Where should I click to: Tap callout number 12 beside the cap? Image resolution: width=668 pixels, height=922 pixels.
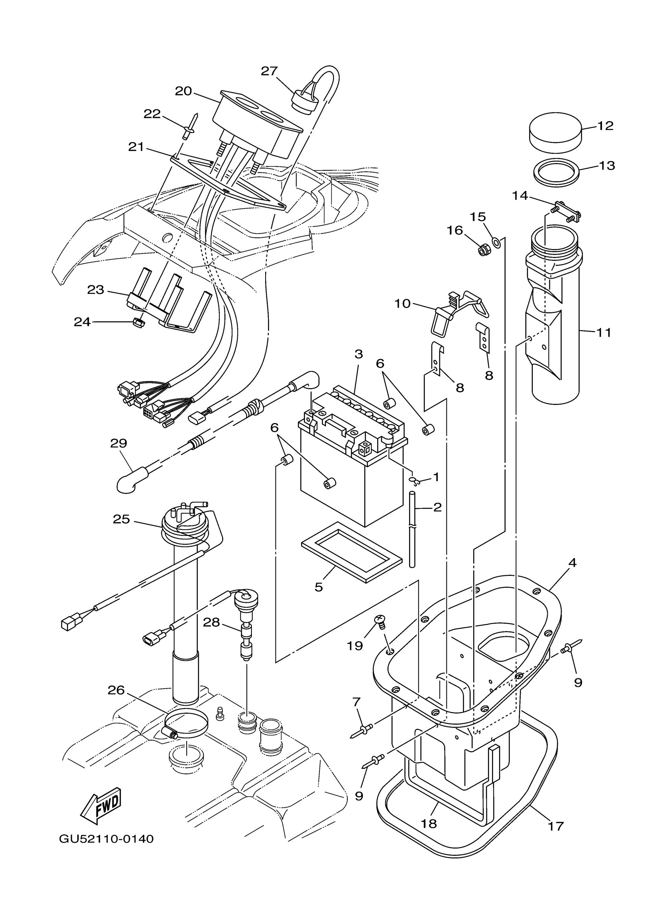605,126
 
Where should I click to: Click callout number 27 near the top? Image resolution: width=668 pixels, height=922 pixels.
269,71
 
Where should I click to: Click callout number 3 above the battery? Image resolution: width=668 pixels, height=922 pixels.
358,354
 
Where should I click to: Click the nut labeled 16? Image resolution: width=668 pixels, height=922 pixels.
483,250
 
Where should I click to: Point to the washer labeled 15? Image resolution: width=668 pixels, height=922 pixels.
496,243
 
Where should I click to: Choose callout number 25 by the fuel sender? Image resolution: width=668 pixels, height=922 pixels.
121,519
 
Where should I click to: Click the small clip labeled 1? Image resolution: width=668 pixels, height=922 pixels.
414,481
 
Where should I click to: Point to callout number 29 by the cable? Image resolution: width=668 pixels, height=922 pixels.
118,443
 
